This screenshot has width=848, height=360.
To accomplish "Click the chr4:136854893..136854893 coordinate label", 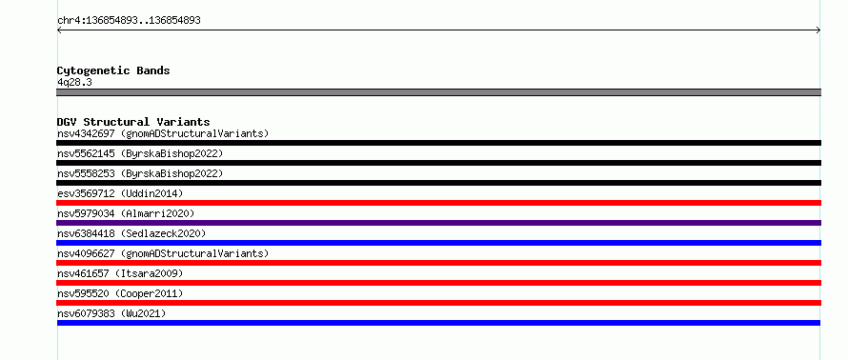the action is [129, 21].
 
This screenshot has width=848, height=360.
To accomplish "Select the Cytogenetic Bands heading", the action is [113, 70].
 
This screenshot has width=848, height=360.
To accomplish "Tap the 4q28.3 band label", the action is [74, 82].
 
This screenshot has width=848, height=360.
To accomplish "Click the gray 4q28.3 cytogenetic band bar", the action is [438, 92].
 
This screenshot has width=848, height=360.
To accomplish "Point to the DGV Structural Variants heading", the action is [133, 122].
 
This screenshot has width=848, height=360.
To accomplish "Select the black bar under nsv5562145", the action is [438, 163].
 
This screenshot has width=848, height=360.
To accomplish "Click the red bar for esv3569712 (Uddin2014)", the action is [438, 203].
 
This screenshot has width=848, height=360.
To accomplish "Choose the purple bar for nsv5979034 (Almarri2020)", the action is [438, 223].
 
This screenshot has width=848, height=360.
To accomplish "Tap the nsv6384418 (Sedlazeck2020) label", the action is [131, 233].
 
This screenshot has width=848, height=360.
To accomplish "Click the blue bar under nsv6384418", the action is [438, 243].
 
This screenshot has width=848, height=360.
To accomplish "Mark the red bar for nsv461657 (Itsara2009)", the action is [438, 283].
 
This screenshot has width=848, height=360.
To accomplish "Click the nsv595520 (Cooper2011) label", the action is [120, 293].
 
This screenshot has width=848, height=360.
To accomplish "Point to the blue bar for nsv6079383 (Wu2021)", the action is [438, 323].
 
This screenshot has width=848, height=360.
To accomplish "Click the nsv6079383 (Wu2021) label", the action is [111, 313].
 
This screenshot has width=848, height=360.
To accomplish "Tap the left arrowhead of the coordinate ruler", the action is [58, 30].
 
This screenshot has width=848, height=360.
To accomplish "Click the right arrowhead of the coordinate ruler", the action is [819, 30].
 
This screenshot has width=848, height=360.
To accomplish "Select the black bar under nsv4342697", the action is [438, 143].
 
